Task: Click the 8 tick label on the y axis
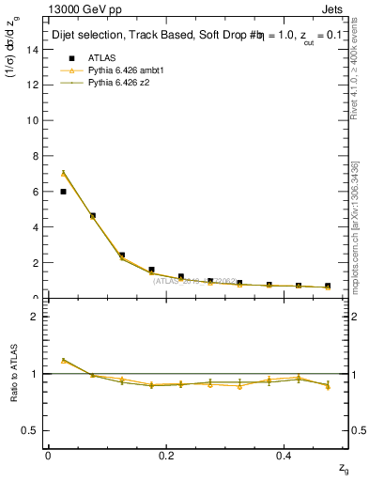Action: point(35,156)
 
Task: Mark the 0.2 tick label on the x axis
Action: point(166,455)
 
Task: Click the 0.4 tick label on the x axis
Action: point(285,455)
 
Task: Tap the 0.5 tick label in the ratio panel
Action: point(31,430)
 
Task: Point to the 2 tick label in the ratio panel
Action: point(35,317)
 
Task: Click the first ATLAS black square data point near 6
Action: point(63,192)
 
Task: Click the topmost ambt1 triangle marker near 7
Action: point(63,174)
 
